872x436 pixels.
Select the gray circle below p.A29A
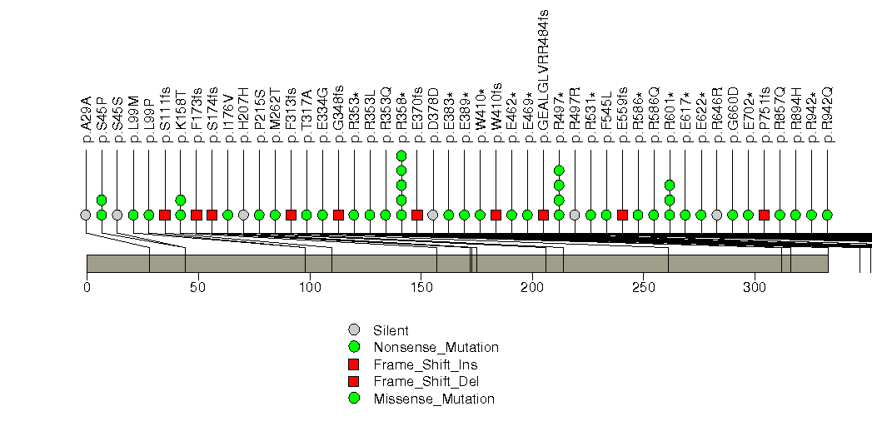(85, 215)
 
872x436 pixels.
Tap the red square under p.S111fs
(164, 215)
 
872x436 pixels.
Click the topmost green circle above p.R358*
(401, 156)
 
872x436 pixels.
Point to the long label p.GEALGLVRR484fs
(543, 79)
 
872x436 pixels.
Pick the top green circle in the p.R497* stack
(559, 171)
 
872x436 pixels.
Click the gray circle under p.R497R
(575, 215)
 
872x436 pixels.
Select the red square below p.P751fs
(764, 215)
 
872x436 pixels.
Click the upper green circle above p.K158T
(180, 200)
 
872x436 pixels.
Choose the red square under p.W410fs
(496, 215)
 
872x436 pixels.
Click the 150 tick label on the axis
(421, 287)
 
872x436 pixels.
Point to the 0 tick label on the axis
(87, 287)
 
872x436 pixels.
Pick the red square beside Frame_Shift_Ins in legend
(355, 364)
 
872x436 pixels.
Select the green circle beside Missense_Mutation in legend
(355, 399)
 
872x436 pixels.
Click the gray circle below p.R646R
(717, 215)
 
